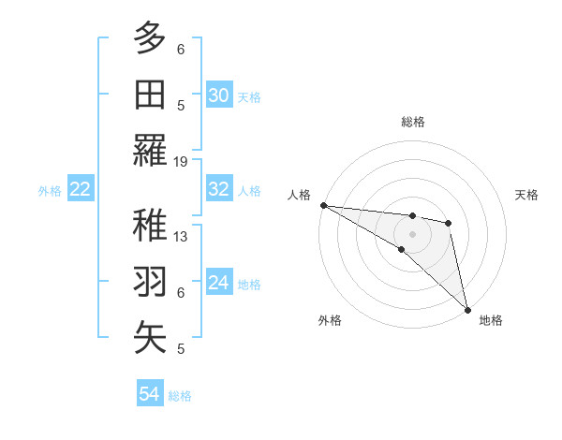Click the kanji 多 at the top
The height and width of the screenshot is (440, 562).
150,38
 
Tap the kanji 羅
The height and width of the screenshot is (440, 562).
150,150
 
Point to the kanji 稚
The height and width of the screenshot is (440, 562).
150,226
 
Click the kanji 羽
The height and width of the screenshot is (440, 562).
150,282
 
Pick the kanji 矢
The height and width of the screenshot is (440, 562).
150,338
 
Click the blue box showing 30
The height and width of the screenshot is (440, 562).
219,95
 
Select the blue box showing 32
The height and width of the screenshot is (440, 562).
219,189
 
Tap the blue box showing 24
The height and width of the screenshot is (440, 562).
219,283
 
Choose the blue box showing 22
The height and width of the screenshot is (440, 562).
81,189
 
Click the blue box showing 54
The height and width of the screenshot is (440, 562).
150,394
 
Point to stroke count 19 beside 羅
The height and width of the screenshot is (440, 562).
181,162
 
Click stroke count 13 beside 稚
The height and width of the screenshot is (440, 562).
181,237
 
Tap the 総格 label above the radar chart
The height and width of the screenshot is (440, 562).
412,122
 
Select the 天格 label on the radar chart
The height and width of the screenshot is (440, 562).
527,195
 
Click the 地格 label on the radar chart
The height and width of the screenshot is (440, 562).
491,320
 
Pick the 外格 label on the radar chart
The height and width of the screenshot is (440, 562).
330,320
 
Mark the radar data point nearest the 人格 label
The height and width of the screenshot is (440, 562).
323,205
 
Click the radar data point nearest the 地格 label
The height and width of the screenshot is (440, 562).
466,308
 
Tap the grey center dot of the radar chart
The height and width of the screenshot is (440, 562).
412,232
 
